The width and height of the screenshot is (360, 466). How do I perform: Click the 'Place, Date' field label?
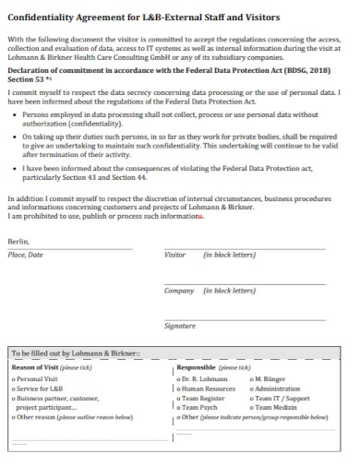coord(26,254)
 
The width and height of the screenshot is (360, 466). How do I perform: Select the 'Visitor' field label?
coord(174,254)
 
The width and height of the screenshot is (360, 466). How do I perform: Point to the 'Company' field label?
coord(179,290)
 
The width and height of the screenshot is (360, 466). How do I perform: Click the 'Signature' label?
coord(179,326)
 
